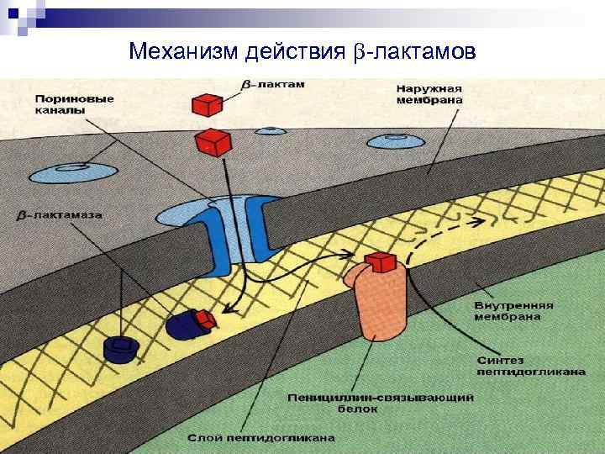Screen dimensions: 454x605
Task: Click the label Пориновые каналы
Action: click(75, 105)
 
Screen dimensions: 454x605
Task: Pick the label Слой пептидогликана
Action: click(261, 437)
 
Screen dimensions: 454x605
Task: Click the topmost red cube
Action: click(206, 105)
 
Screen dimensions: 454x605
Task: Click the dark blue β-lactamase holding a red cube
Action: click(187, 324)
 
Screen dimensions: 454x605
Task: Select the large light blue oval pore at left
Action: click(73, 173)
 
